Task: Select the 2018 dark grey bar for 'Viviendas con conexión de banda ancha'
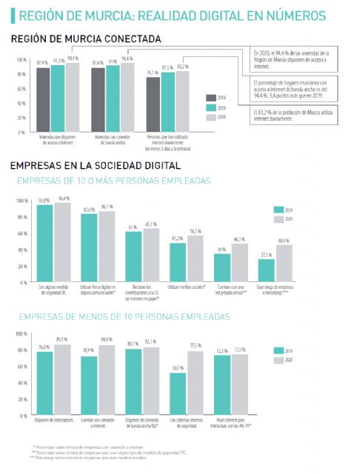coord(97,100)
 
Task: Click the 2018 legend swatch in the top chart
coord(212,97)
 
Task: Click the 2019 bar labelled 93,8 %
coord(45,240)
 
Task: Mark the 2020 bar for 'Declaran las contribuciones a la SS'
coord(152,251)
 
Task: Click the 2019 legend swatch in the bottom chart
coord(279,351)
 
